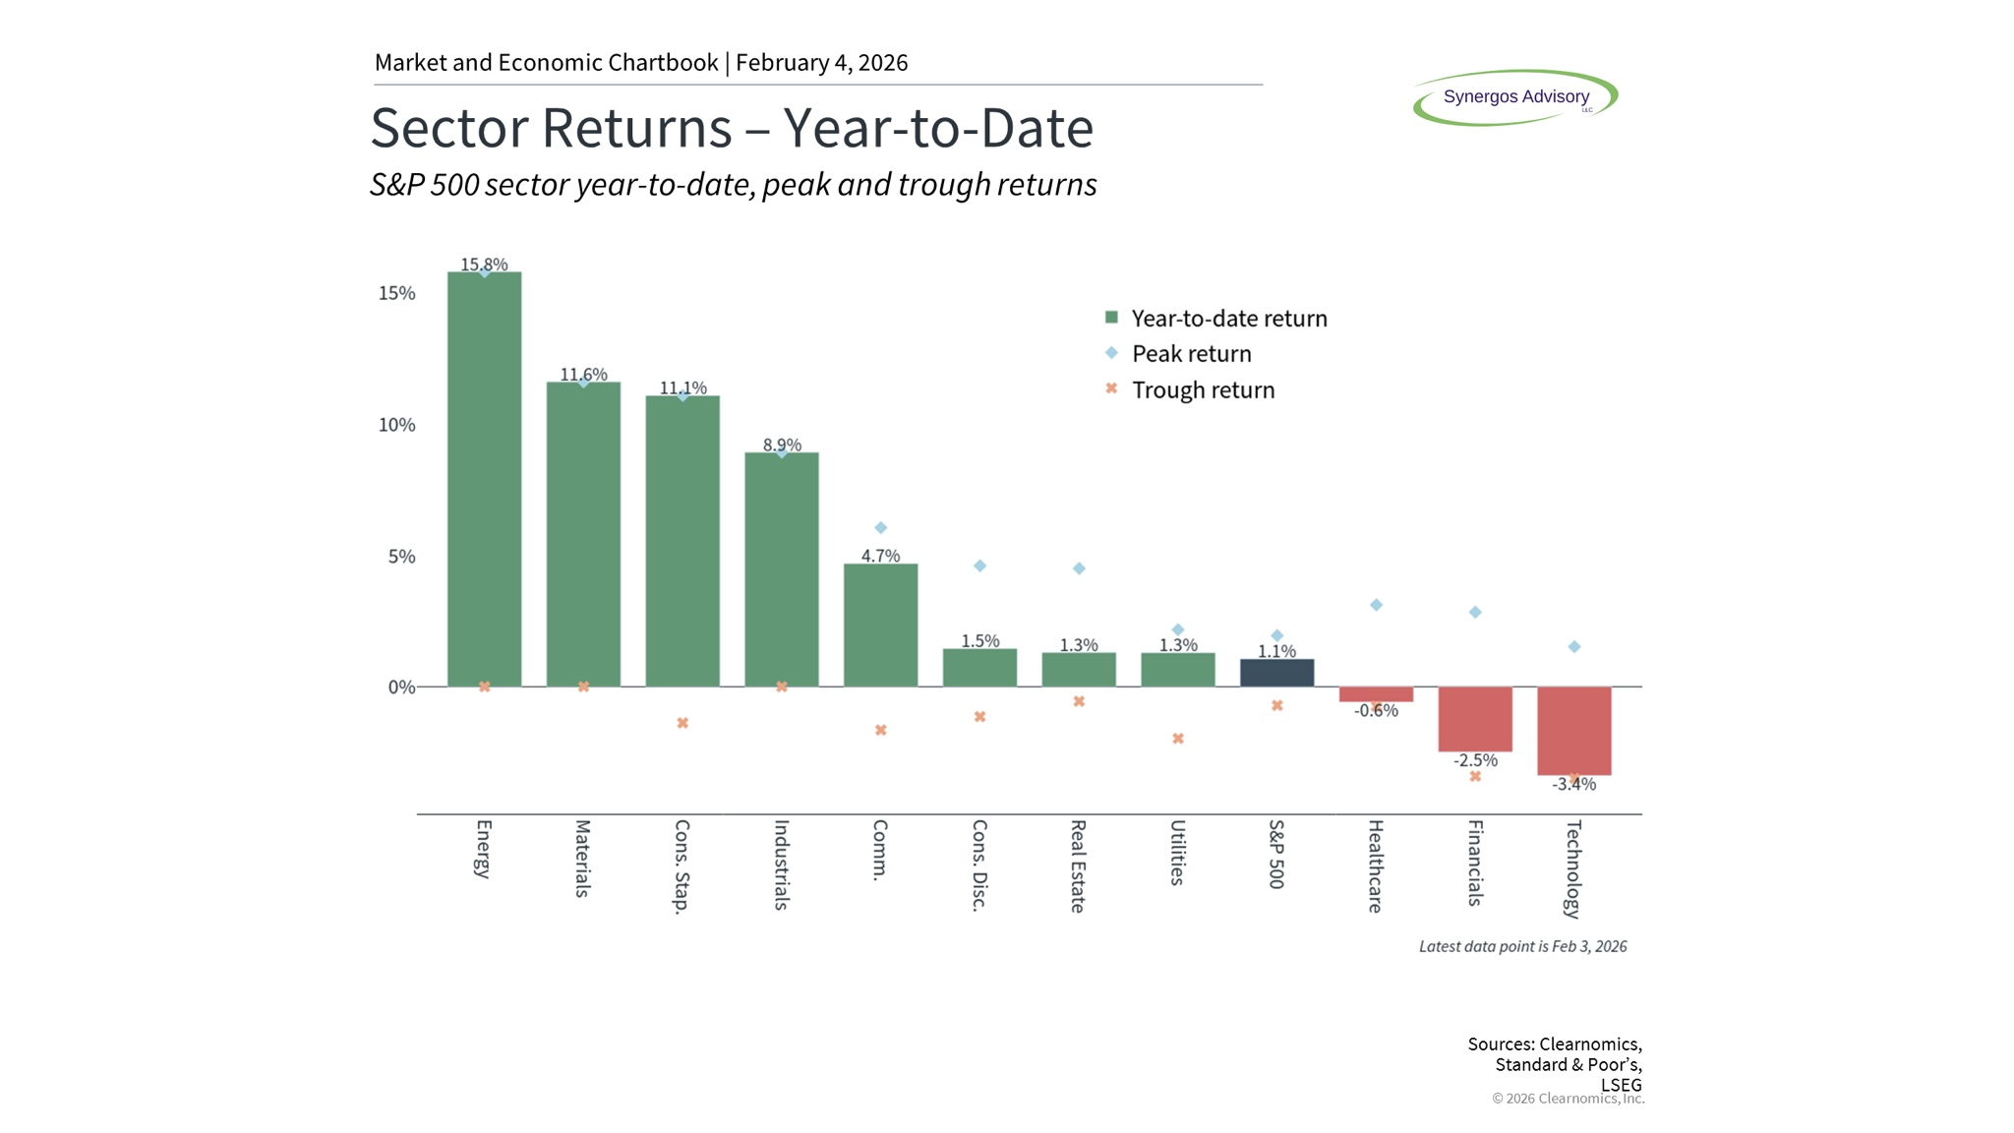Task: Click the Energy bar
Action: pyautogui.click(x=484, y=479)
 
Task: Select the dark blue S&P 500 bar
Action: pyautogui.click(x=1276, y=673)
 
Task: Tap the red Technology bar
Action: pyautogui.click(x=1573, y=731)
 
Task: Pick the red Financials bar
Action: pyautogui.click(x=1474, y=719)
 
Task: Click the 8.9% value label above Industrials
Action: pyautogui.click(x=782, y=445)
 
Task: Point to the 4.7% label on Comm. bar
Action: pyautogui.click(x=880, y=556)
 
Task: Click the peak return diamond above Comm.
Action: pyautogui.click(x=880, y=528)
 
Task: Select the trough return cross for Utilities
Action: pyautogui.click(x=1177, y=739)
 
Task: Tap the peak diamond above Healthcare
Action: pyautogui.click(x=1376, y=605)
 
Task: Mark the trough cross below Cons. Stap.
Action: pyautogui.click(x=682, y=723)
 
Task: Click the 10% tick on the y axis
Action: pyautogui.click(x=397, y=425)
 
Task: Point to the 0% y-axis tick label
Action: pyautogui.click(x=402, y=687)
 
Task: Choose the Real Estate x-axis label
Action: pyautogui.click(x=1078, y=866)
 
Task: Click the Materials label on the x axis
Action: pyautogui.click(x=582, y=859)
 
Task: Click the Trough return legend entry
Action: pyautogui.click(x=1189, y=389)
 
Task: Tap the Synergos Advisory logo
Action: pyautogui.click(x=1515, y=97)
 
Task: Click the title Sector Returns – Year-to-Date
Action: pyautogui.click(x=732, y=128)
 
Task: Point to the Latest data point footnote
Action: pyautogui.click(x=1522, y=946)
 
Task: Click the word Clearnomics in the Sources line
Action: pyautogui.click(x=1590, y=1044)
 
